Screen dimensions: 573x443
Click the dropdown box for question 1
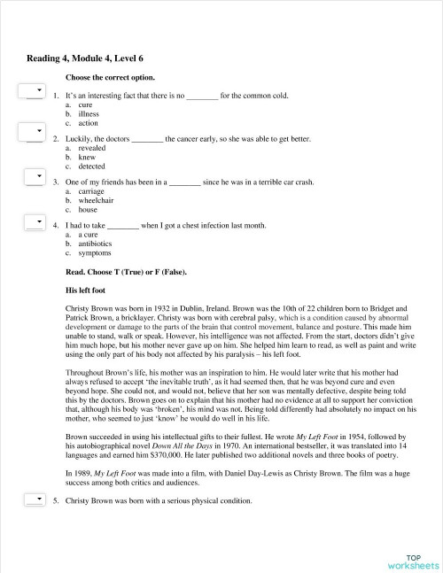click(x=34, y=91)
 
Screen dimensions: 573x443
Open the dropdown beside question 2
click(x=34, y=135)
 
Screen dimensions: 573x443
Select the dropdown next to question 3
click(x=34, y=178)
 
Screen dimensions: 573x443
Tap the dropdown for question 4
click(x=34, y=221)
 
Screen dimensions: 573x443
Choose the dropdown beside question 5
click(x=34, y=499)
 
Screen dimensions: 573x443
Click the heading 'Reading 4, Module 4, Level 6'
click(x=85, y=58)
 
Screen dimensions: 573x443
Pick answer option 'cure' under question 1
click(x=86, y=105)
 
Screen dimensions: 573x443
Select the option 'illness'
click(x=89, y=114)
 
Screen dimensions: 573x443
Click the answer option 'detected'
click(x=91, y=166)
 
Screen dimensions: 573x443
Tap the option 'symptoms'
click(x=95, y=253)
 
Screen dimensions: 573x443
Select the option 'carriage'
click(x=91, y=191)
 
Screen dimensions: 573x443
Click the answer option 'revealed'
click(x=91, y=148)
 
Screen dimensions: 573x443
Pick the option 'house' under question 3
click(x=87, y=210)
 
